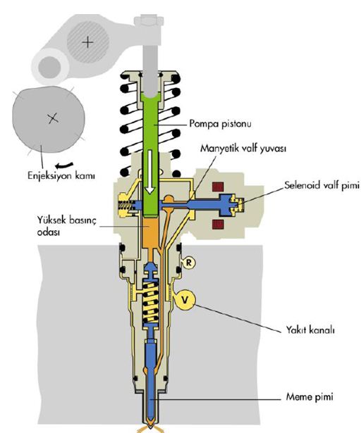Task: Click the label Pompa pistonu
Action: point(220,123)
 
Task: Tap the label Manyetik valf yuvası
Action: point(243,149)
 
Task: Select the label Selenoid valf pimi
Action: point(322,185)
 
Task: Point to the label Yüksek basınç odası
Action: point(67,226)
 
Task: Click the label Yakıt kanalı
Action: point(310,330)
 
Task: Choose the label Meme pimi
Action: point(310,397)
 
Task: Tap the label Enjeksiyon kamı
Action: point(61,175)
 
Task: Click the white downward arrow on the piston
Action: point(149,172)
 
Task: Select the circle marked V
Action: point(185,299)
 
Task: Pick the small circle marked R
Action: point(189,262)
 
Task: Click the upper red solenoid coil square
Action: point(218,187)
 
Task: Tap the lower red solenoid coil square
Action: point(218,224)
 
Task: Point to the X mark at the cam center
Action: point(53,118)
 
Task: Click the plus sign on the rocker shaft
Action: point(88,42)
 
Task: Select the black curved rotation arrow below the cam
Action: point(64,165)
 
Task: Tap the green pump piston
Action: point(151,154)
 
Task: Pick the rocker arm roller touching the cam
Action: point(49,67)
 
